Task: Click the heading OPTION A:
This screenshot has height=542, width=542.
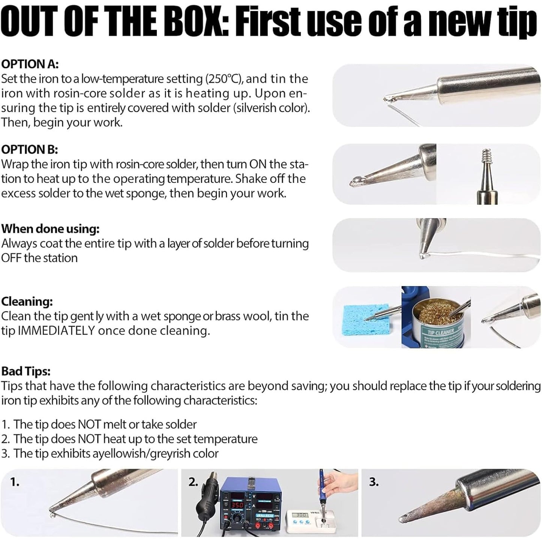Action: (30, 64)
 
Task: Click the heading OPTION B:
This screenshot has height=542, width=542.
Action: (30, 149)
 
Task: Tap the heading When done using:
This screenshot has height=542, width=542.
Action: (50, 229)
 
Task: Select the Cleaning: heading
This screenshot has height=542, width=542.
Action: (27, 302)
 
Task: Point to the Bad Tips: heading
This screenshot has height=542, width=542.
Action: (26, 371)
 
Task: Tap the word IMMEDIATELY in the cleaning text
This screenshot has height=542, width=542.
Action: (56, 331)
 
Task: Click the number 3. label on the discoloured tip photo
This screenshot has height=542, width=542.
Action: (374, 482)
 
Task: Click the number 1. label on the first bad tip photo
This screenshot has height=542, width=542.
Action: (15, 482)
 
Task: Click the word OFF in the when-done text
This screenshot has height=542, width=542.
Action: (11, 258)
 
